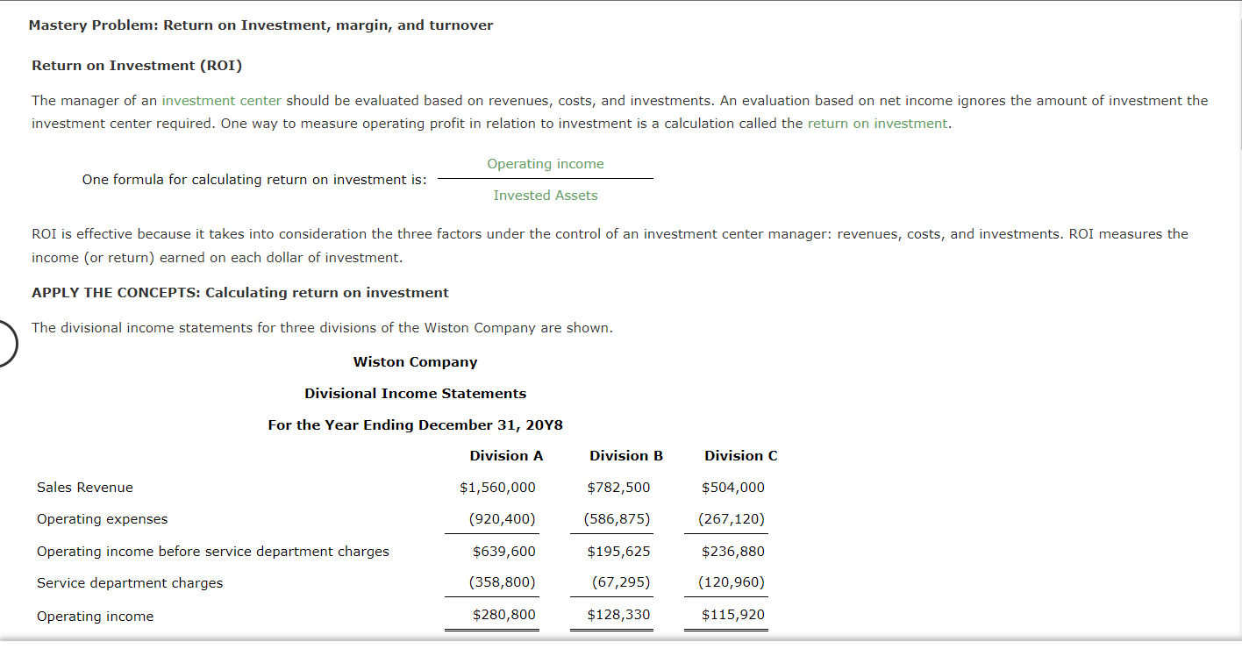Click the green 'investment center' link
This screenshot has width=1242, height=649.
click(221, 101)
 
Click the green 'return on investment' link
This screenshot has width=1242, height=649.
click(877, 124)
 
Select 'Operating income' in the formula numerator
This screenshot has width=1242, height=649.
click(545, 164)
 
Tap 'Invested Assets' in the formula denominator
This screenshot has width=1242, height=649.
click(545, 196)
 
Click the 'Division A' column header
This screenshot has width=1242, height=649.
click(506, 456)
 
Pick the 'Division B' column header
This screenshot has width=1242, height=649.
click(625, 456)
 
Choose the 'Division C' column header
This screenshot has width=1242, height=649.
click(740, 456)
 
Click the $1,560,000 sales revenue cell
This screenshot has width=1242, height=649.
click(497, 488)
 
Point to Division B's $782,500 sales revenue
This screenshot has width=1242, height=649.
click(618, 488)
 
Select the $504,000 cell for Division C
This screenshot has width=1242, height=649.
click(732, 488)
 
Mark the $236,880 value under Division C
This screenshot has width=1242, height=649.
click(732, 552)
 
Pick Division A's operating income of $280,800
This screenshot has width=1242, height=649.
click(503, 615)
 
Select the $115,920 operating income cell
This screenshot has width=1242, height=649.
click(732, 615)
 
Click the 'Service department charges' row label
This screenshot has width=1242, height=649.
click(130, 583)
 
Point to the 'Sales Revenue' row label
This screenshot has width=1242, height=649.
click(85, 488)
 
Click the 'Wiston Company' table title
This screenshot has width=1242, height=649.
click(415, 362)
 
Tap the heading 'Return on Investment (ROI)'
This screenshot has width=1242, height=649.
click(137, 66)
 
